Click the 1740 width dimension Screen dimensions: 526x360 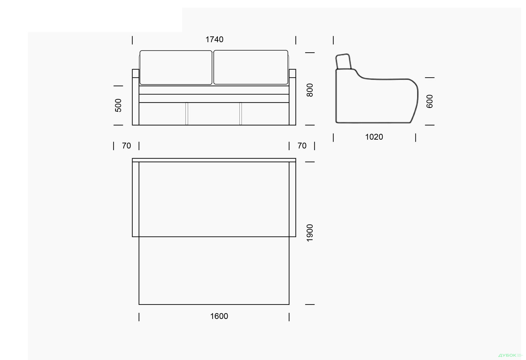point(215,39)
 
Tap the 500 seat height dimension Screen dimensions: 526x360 point(118,105)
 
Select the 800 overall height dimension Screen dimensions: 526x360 point(310,90)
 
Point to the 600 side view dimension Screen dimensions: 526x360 point(430,101)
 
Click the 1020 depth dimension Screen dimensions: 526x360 point(374,137)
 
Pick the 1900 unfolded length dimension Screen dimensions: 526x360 point(310,233)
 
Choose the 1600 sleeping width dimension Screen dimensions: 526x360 point(219,316)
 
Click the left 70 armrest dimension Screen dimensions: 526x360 point(126,146)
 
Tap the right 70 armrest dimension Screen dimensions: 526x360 point(302,146)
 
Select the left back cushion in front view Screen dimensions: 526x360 point(176,67)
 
